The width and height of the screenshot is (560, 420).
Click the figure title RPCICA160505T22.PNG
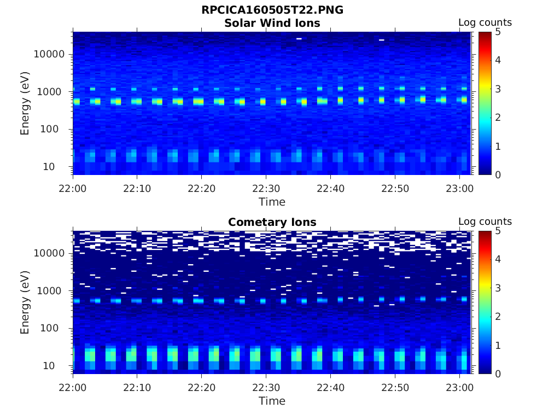tap(272, 10)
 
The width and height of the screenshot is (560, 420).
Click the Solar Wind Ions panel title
tap(272, 23)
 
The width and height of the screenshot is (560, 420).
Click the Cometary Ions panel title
tap(272, 222)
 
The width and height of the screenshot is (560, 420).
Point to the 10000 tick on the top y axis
tap(50, 54)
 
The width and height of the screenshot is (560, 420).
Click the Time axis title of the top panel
tap(272, 202)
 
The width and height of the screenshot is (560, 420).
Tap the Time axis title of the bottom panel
tap(272, 401)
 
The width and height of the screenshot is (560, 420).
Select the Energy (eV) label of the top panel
tap(25, 103)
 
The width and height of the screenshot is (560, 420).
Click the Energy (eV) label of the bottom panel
tap(25, 302)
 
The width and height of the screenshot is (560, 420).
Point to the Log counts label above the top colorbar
tap(485, 22)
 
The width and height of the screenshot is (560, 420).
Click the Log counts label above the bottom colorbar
tap(485, 221)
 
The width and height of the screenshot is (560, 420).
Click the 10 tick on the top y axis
tap(59, 166)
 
